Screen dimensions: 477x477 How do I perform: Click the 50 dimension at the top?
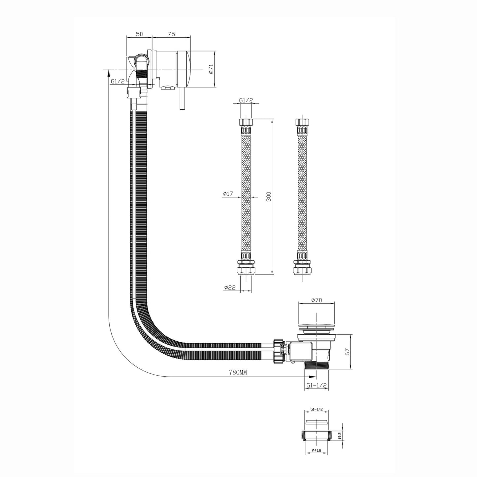coord(139,34)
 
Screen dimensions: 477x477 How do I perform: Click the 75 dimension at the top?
coord(171,34)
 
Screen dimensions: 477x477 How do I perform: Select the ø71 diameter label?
coord(211,69)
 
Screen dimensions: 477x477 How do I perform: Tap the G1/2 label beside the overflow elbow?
coord(118,81)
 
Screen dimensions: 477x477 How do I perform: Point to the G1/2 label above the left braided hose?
coord(245,100)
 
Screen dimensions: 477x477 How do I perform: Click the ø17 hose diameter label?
coord(228,194)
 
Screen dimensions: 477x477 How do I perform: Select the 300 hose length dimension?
coord(269,197)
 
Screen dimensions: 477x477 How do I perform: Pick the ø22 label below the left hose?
coord(230,287)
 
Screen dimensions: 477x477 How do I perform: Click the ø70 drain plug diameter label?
coord(316,300)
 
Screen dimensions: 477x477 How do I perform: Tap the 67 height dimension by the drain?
coord(347,352)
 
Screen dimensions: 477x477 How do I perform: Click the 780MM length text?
coord(238,372)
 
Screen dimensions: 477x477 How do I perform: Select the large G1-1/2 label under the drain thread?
coord(316,385)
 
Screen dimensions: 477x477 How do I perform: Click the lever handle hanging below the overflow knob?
coord(182,99)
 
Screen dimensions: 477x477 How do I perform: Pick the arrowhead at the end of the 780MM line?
coord(312,376)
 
